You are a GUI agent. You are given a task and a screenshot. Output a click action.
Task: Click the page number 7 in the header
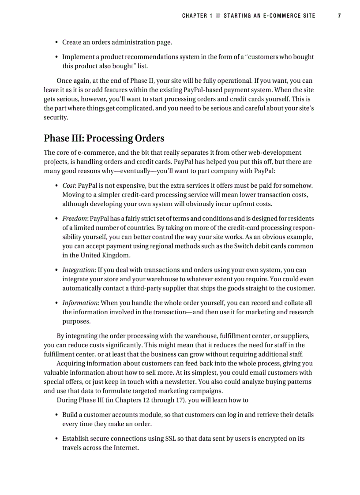point(339,16)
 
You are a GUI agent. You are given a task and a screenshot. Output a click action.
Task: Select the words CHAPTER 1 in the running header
point(197,16)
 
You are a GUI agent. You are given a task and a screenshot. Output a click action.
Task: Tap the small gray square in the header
point(217,16)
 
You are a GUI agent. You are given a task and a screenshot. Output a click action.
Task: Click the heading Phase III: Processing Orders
point(104,138)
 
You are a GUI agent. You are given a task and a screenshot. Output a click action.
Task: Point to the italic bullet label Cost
point(68,186)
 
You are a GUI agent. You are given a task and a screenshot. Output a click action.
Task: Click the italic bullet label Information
point(80,303)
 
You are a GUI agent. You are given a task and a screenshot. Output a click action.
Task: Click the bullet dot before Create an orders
point(56,43)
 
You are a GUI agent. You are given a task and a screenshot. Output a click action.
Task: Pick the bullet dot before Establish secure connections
point(56,439)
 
